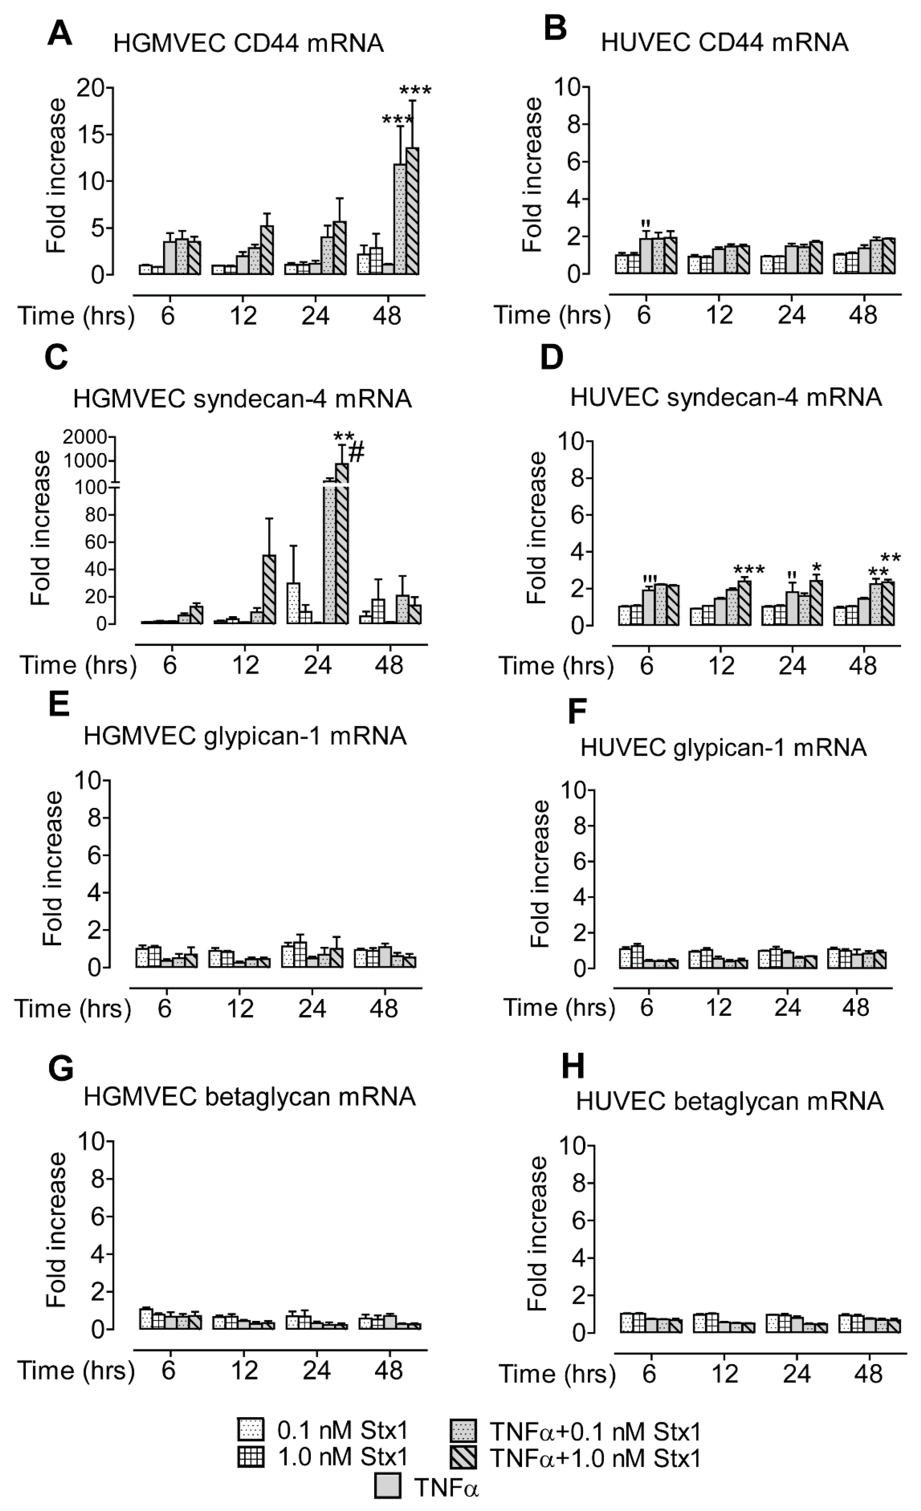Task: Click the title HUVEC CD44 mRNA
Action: click(x=724, y=42)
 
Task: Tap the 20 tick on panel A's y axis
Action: click(x=90, y=88)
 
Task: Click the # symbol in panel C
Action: click(x=357, y=453)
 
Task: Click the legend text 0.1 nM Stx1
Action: click(x=342, y=1430)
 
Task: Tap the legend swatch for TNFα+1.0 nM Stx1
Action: click(x=464, y=1458)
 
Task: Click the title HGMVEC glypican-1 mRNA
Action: click(x=245, y=735)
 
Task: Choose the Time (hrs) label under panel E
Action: click(x=73, y=1009)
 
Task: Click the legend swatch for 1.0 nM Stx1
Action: click(x=251, y=1458)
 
